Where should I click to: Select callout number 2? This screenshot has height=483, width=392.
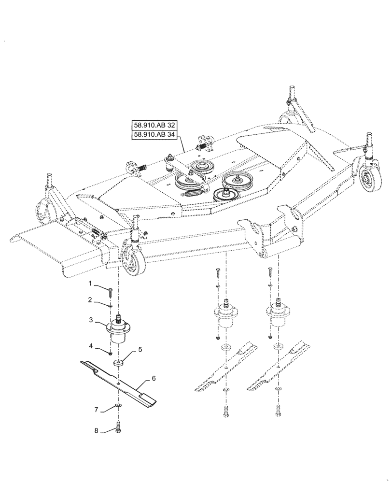(x=90, y=300)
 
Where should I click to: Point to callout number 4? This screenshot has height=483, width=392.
(x=90, y=346)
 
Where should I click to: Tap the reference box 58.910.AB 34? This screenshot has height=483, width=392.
(x=155, y=135)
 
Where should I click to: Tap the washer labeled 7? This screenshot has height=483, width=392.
(x=117, y=405)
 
